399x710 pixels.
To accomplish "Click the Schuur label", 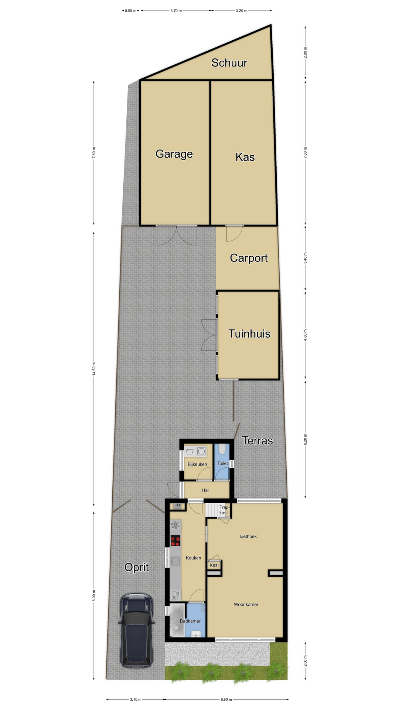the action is point(229,63).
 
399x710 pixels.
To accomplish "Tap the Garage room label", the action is point(174,154).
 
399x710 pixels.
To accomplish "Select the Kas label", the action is point(245,157).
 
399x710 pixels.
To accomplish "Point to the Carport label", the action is point(249,258).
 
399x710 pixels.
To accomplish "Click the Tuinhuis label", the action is point(249,334).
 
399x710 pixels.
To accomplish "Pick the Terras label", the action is point(258,440).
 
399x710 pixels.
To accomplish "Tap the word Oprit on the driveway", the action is point(137,567).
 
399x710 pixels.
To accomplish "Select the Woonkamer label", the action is point(246,605).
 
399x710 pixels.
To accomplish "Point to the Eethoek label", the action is point(248,536).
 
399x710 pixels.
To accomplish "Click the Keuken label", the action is point(193,558).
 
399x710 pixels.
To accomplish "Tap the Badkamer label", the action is point(190,621).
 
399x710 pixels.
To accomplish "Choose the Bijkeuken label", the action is point(197,464).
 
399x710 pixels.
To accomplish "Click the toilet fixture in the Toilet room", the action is point(222,449).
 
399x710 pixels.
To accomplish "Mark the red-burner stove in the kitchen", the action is point(175,541).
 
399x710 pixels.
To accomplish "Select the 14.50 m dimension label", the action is point(94,369).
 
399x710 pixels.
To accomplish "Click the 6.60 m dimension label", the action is point(226,699).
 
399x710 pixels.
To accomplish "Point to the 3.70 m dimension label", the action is point(176,11).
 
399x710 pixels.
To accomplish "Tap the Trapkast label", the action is point(224,510).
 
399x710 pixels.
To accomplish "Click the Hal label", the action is point(205,490).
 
